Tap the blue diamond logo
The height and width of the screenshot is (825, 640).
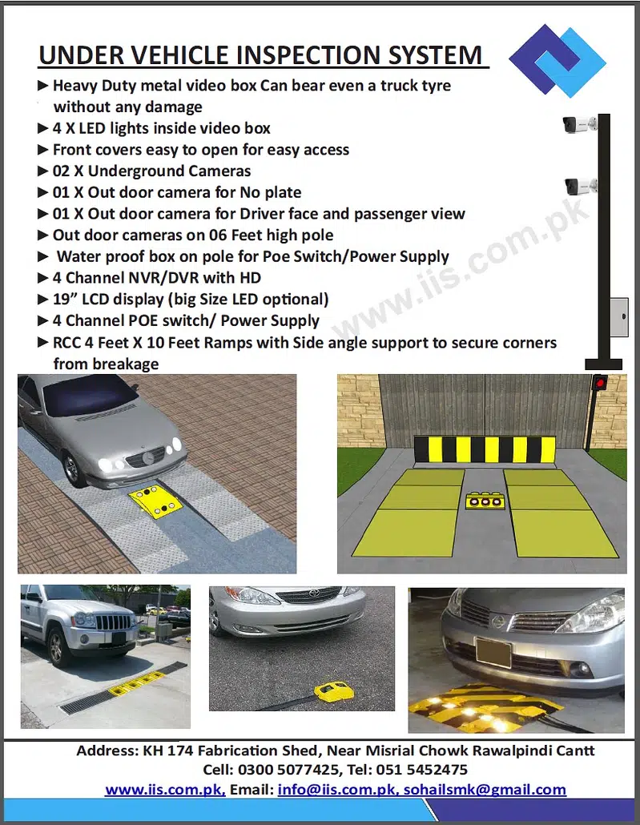(x=558, y=61)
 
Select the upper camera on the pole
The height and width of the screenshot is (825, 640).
(x=578, y=125)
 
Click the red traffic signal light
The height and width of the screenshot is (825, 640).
(x=598, y=383)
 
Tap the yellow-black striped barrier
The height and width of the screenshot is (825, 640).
(x=484, y=449)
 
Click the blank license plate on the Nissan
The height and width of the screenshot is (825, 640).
(x=493, y=652)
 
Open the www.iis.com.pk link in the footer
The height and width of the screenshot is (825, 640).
(x=164, y=789)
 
